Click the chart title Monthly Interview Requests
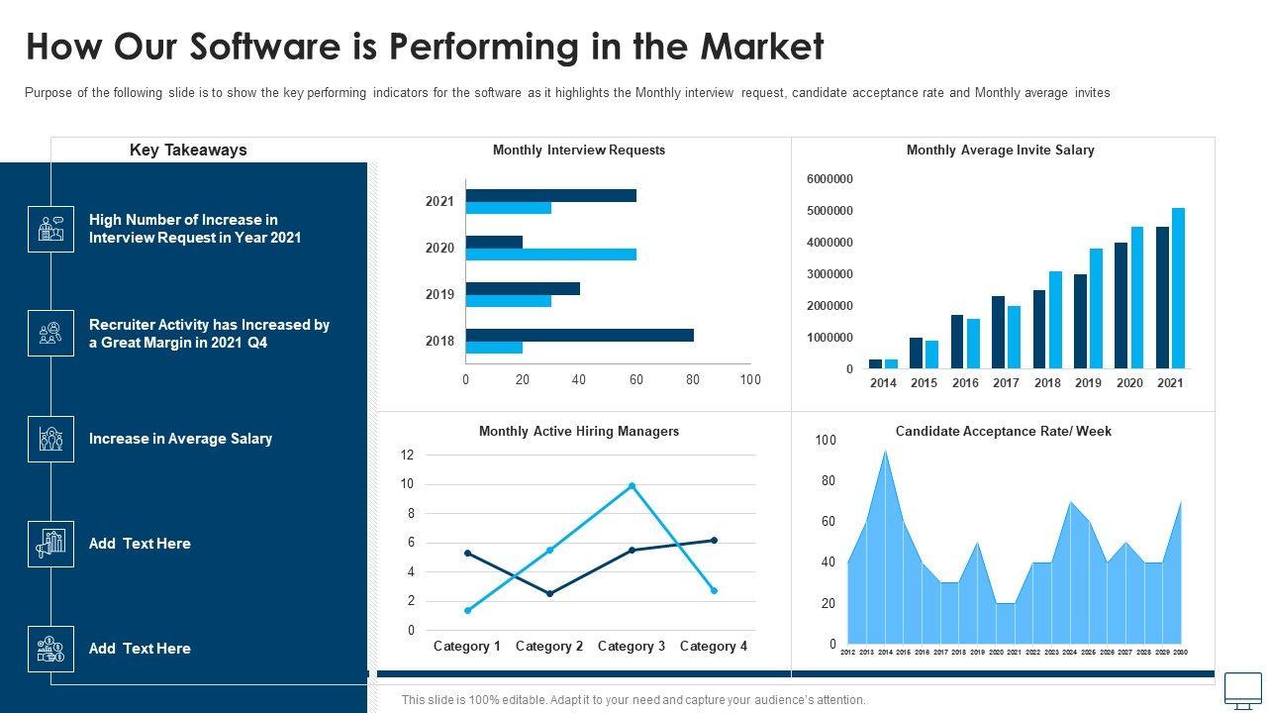tap(578, 151)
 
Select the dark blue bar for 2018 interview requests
tap(579, 335)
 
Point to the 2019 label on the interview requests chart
tap(439, 294)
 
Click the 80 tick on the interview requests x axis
tap(693, 379)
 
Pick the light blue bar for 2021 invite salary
tap(1178, 287)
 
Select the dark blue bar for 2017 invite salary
tap(998, 332)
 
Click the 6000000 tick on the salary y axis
tap(829, 179)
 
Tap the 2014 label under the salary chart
tap(883, 383)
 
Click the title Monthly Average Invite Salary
tap(1000, 151)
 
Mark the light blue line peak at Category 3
tap(632, 486)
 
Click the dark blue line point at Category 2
tap(549, 594)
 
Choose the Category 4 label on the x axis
tap(713, 647)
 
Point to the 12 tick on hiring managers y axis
tap(407, 456)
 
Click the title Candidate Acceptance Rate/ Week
tap(1003, 432)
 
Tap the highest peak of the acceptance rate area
tap(885, 452)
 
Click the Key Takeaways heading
tap(188, 151)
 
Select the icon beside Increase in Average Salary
tap(50, 439)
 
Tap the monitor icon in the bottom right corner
tap(1243, 689)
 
